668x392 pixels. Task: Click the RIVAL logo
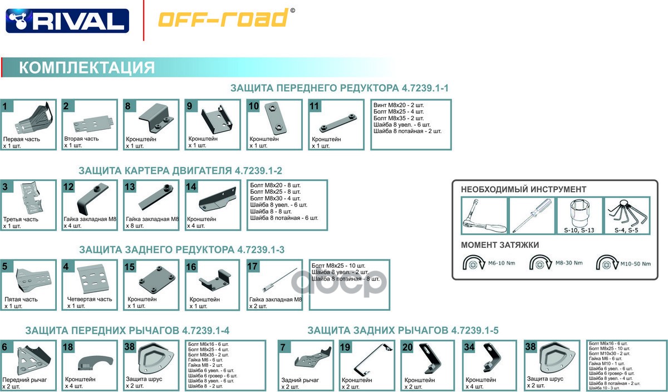[67, 21]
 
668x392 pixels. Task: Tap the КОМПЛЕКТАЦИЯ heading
[86, 68]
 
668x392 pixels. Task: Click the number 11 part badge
[314, 106]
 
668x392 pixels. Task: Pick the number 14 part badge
[191, 187]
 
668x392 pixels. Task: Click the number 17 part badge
[252, 266]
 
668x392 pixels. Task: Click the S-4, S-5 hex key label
[626, 230]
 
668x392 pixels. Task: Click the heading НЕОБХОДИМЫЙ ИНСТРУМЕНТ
[523, 189]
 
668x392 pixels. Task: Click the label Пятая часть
[21, 300]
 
